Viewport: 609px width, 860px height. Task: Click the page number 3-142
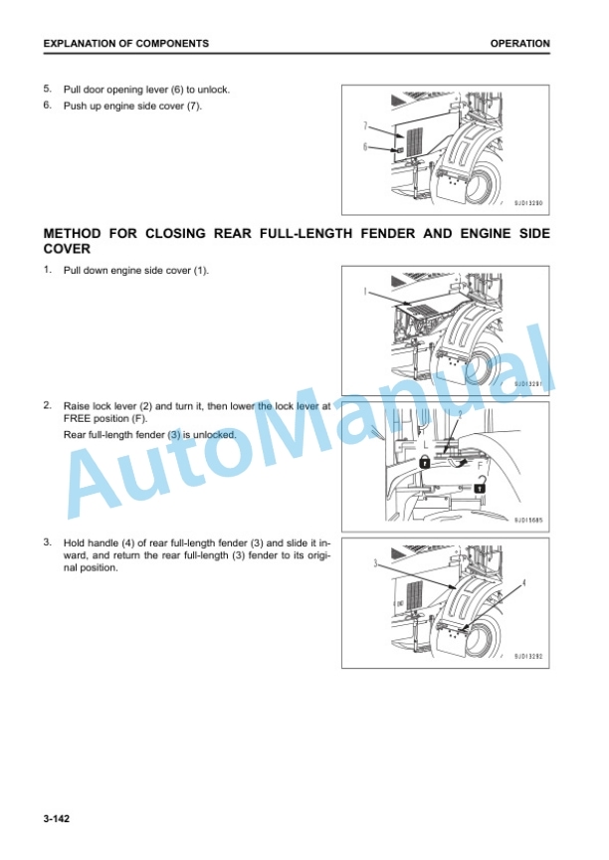point(57,819)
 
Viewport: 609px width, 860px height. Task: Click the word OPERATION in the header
point(519,44)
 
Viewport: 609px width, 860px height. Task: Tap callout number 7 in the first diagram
point(365,126)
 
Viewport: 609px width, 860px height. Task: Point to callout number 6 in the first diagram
point(365,146)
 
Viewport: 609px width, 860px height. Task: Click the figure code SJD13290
point(527,203)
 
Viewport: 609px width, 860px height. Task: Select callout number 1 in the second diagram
point(365,292)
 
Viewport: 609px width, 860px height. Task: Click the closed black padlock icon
point(425,462)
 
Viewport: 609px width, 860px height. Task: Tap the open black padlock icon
point(481,485)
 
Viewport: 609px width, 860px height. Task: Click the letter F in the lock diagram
point(481,465)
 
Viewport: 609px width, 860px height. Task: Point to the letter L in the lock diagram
point(425,446)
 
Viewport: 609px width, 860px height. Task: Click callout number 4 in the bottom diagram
point(523,582)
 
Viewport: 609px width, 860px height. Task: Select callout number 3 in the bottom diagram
point(376,563)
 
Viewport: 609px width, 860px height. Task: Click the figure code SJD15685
point(527,520)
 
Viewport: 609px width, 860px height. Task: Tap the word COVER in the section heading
point(67,249)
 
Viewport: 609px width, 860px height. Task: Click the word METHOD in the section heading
point(73,234)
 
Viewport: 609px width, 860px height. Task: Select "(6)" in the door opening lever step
point(177,90)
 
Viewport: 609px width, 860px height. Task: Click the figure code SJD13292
point(527,656)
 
